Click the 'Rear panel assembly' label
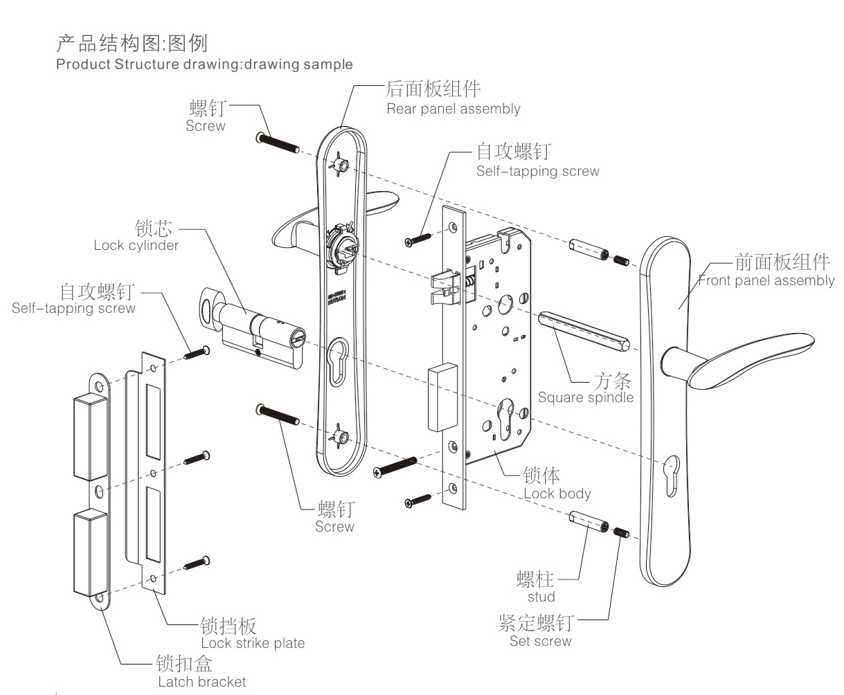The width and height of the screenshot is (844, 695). (453, 109)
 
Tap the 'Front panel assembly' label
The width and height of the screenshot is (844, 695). (766, 280)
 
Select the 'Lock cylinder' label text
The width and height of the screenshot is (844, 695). (136, 245)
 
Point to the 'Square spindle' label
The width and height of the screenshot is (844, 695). (585, 397)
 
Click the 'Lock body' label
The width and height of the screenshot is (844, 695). (557, 494)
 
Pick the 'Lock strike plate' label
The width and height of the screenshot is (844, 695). (252, 643)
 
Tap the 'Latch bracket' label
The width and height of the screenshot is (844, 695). (201, 682)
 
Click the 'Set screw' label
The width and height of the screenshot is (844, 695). (540, 641)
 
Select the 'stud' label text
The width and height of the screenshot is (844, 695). (541, 597)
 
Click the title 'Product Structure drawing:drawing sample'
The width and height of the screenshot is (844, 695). (204, 64)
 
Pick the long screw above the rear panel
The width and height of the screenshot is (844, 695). (277, 143)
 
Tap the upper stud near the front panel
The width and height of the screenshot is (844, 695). (589, 251)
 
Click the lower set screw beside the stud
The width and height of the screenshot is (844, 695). (622, 534)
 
